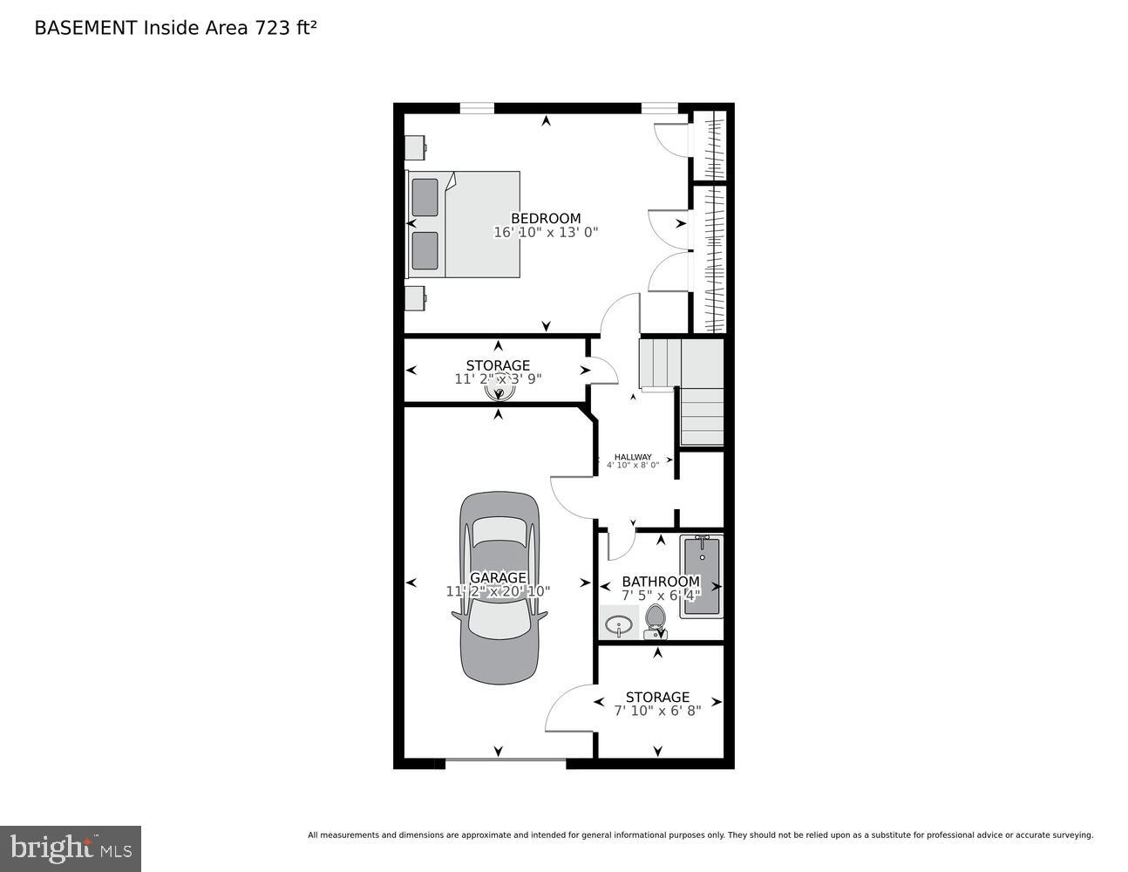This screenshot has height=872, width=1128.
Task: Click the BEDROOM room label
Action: pos(546,218)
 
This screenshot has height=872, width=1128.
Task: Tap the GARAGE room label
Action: pos(498,577)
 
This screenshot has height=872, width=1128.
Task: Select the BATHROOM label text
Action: pos(660,582)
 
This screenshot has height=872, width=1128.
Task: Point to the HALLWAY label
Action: pos(633,457)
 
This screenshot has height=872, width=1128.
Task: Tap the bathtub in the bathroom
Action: pos(702,576)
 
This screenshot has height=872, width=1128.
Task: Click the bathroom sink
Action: pos(619,624)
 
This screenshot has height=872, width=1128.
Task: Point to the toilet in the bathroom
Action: pos(656,620)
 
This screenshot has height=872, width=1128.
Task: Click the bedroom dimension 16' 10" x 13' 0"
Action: pos(546,233)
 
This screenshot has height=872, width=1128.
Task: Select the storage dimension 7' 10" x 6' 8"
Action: pos(657,712)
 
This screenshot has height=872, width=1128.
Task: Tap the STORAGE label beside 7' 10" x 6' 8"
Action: pos(657,697)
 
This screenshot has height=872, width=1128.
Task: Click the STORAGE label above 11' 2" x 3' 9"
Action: pos(498,365)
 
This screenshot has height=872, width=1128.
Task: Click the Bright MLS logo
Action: pos(71,848)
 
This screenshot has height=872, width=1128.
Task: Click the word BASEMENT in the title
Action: pos(85,28)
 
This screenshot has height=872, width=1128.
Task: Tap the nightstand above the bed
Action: pos(415,147)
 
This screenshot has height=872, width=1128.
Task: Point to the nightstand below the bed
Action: pos(415,298)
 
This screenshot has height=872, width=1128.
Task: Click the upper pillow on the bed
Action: pos(425,197)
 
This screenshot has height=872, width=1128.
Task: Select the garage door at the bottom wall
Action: pos(506,763)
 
